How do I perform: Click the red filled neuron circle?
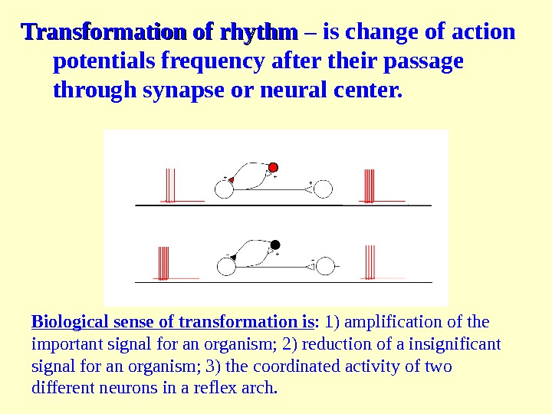273,167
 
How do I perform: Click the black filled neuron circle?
277,244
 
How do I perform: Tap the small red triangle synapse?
230,179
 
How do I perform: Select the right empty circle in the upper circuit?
324,189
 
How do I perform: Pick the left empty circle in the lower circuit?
225,266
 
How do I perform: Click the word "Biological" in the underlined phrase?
69,320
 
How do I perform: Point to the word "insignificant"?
457,343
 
